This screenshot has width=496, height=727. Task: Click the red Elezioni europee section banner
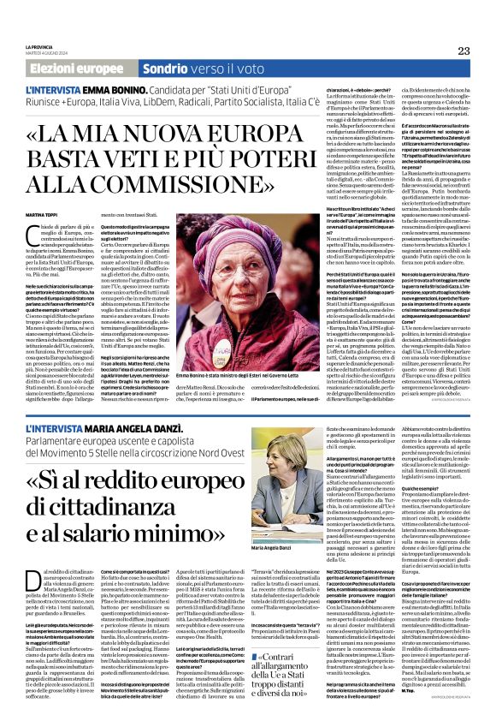(x=68, y=68)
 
